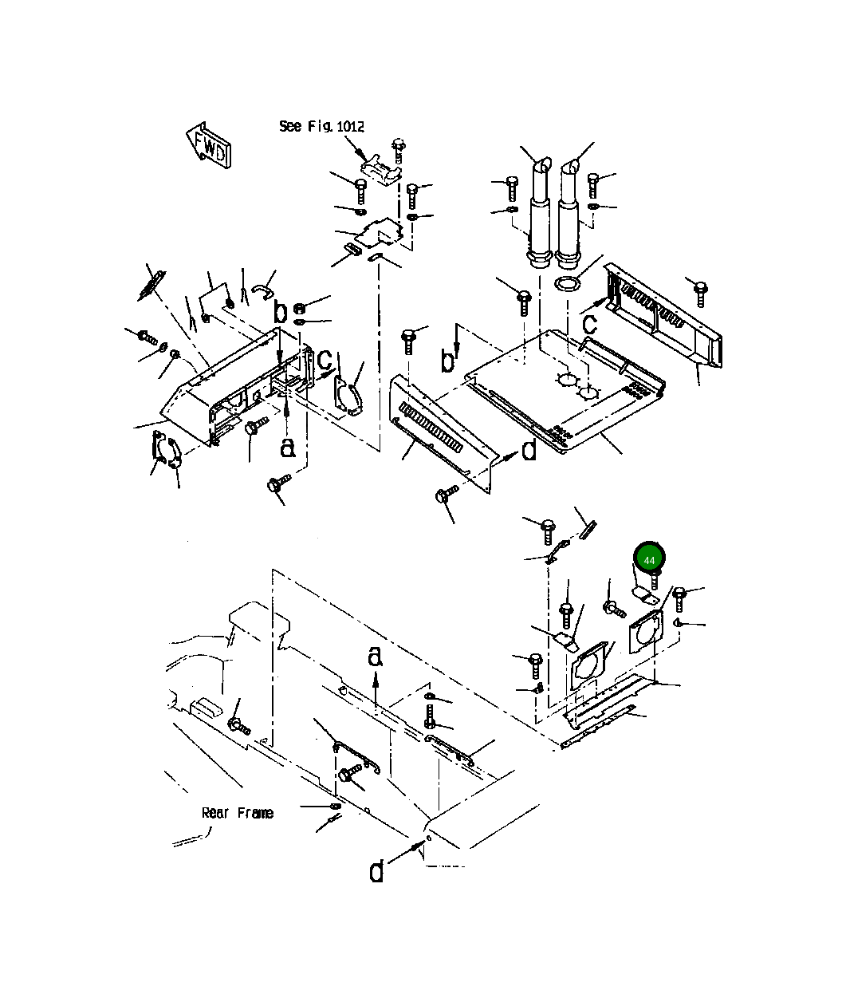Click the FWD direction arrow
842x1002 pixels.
point(209,144)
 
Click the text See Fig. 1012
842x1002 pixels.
point(321,126)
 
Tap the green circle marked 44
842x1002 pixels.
point(649,560)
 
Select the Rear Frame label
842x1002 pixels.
point(237,813)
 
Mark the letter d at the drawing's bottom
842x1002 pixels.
point(376,870)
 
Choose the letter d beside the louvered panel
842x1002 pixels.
point(529,452)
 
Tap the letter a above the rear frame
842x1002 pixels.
point(376,657)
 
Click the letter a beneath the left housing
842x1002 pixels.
point(288,448)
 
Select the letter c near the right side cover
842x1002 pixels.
point(589,323)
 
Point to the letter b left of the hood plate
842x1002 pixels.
point(449,360)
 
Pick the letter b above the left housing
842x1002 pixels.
point(279,311)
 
